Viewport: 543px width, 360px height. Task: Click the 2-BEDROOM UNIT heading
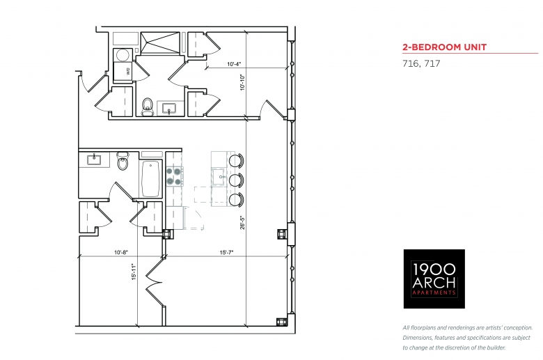(x=444, y=47)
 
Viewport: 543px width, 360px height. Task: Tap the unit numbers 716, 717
(x=421, y=64)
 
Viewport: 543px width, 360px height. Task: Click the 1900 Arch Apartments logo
(x=434, y=279)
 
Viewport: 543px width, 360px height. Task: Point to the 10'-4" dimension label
(x=234, y=64)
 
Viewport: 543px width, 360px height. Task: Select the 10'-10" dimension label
(x=243, y=83)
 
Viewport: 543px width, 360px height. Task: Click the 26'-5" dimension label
(x=243, y=223)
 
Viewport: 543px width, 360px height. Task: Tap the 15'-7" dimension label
(x=226, y=253)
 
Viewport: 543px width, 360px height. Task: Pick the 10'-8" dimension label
(x=121, y=253)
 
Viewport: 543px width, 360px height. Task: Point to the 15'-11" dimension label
(x=134, y=272)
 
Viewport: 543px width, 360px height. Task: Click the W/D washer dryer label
(x=128, y=72)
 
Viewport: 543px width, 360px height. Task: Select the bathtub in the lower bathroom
(x=150, y=179)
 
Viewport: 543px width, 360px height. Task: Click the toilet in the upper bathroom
(x=147, y=107)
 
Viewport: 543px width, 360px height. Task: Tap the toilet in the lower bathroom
(x=123, y=162)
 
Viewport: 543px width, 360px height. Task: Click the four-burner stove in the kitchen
(x=174, y=177)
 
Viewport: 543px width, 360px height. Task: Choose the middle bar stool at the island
(x=237, y=180)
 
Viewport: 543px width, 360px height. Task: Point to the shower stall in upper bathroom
(x=160, y=43)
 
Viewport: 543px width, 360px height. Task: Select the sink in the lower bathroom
(x=94, y=159)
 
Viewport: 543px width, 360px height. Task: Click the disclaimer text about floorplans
(x=467, y=338)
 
